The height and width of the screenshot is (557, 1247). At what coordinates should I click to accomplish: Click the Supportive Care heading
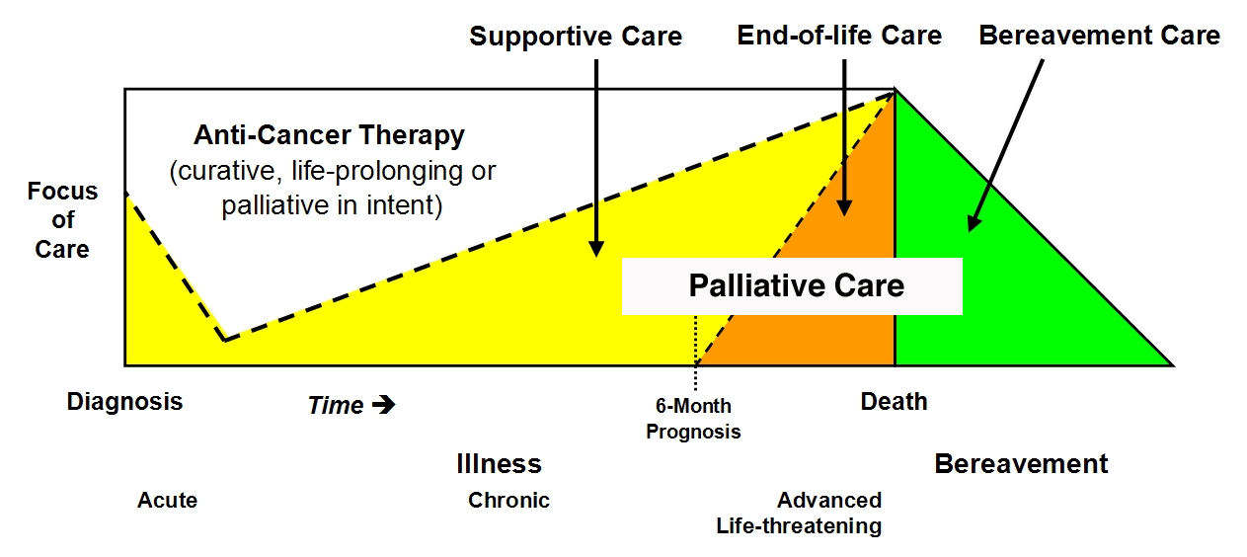pyautogui.click(x=576, y=38)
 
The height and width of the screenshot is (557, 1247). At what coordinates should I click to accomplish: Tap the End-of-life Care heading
pyautogui.click(x=839, y=37)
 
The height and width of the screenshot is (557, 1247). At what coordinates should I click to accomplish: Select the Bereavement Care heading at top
pyautogui.click(x=1099, y=37)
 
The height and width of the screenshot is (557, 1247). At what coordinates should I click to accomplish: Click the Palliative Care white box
pyautogui.click(x=796, y=286)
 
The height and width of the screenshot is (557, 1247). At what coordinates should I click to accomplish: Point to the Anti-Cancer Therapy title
pyautogui.click(x=329, y=135)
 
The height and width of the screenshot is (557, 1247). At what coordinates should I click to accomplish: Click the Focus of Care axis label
pyautogui.click(x=62, y=220)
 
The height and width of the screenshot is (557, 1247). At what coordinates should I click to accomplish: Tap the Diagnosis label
pyautogui.click(x=124, y=402)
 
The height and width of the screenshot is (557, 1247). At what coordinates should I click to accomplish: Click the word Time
pyautogui.click(x=336, y=406)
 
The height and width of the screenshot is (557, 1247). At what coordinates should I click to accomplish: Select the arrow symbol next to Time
pyautogui.click(x=384, y=405)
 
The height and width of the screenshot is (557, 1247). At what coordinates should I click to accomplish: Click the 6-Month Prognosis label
pyautogui.click(x=693, y=419)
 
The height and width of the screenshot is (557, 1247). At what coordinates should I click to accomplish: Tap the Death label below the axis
pyautogui.click(x=894, y=402)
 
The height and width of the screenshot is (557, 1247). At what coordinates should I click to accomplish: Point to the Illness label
pyautogui.click(x=499, y=464)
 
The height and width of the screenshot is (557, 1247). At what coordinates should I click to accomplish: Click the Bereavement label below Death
pyautogui.click(x=1021, y=464)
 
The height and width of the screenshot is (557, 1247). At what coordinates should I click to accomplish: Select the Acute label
pyautogui.click(x=167, y=501)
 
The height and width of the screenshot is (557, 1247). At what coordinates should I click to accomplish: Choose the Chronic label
pyautogui.click(x=508, y=501)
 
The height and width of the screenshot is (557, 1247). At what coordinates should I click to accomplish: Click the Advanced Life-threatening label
pyautogui.click(x=800, y=513)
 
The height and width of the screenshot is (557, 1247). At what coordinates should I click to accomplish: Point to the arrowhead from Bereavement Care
pyautogui.click(x=973, y=223)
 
